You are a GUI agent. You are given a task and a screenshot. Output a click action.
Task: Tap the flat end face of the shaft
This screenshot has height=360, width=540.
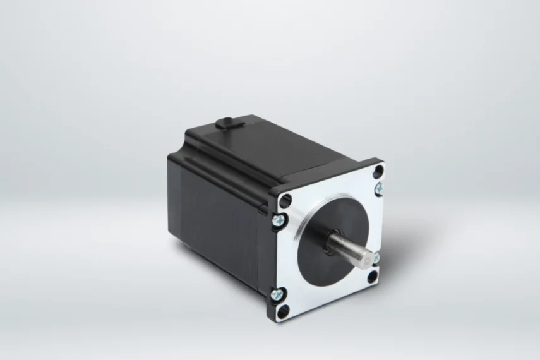pyautogui.click(x=366, y=259)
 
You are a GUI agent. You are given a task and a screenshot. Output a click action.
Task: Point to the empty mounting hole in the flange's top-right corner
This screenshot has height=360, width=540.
pyautogui.click(x=378, y=171)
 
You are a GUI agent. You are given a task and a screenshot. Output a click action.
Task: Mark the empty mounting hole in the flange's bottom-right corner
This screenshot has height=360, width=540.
pyautogui.click(x=373, y=276)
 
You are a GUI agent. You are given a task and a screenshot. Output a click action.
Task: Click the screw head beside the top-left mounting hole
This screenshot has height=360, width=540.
pyautogui.click(x=278, y=219)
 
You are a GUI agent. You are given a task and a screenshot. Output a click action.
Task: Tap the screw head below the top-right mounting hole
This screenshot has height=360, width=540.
pyautogui.click(x=378, y=188)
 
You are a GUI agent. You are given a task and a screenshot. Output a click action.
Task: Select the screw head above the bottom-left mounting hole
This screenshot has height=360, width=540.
pyautogui.click(x=277, y=293)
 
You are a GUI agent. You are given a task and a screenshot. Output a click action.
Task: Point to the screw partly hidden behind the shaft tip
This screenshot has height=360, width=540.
pyautogui.click(x=375, y=258)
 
